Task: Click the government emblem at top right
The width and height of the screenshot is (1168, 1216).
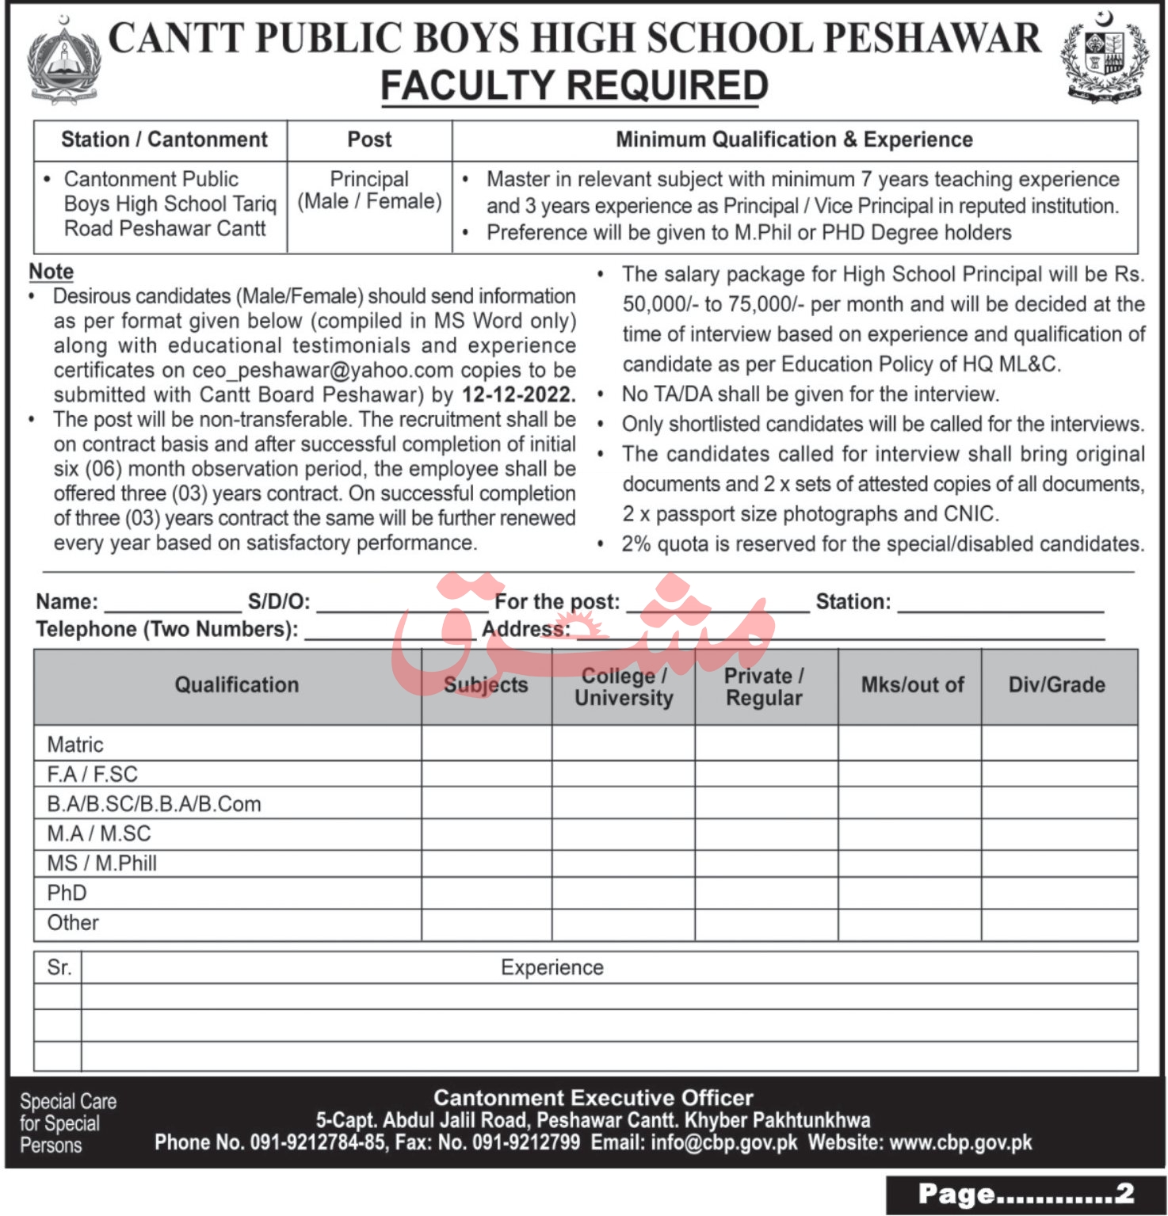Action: click(1105, 59)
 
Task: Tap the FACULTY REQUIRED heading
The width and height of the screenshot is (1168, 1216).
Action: click(574, 86)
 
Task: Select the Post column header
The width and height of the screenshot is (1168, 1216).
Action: click(369, 140)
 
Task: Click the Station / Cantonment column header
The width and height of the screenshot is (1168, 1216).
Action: click(164, 140)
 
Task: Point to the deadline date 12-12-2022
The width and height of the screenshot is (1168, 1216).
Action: click(518, 395)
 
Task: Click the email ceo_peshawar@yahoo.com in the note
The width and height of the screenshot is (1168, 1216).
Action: click(323, 370)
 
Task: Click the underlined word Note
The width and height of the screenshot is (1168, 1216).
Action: click(52, 272)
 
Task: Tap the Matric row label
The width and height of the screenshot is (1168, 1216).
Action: click(75, 745)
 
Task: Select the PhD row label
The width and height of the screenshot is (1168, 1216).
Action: click(67, 893)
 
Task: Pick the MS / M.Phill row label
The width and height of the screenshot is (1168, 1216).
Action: click(101, 863)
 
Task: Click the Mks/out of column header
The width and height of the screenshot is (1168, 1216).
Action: click(912, 685)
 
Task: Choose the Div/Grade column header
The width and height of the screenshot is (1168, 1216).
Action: click(1056, 685)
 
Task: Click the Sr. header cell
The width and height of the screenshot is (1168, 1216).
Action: click(59, 968)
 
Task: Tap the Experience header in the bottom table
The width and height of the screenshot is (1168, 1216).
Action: click(552, 968)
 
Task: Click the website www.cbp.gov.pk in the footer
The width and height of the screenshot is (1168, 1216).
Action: click(960, 1142)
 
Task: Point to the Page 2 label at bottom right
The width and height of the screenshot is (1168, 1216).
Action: click(1025, 1195)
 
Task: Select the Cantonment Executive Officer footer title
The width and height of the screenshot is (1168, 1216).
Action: click(593, 1098)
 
